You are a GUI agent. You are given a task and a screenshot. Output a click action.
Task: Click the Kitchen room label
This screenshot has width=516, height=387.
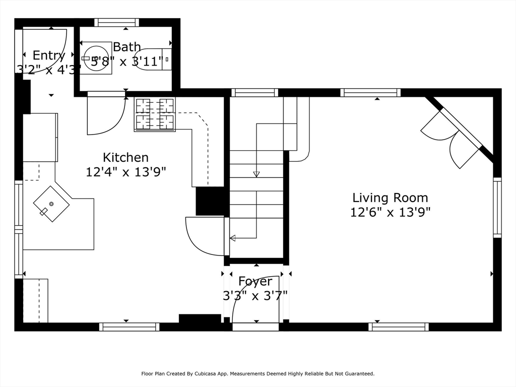[x=125, y=157]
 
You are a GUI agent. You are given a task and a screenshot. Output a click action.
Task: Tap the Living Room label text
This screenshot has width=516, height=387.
[x=390, y=198]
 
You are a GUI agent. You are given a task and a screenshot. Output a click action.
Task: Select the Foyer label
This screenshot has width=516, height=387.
[x=255, y=281]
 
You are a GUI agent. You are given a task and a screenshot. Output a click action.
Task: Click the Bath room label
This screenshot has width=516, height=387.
[x=126, y=47]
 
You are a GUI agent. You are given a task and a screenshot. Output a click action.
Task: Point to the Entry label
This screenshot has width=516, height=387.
[x=49, y=55]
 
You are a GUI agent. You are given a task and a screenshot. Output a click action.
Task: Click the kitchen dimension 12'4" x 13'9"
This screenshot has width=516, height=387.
[x=125, y=172]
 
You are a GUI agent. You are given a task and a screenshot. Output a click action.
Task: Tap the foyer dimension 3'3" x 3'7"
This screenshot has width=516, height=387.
[x=255, y=295]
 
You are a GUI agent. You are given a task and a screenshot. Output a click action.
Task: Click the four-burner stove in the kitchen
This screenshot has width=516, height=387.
[x=155, y=114]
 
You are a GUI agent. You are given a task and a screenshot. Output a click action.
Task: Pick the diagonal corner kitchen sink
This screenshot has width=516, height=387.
[x=51, y=204]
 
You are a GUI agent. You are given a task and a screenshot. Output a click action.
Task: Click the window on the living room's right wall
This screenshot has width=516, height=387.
[x=497, y=207]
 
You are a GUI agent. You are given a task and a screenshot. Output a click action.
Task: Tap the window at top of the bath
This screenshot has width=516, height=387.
[x=116, y=22]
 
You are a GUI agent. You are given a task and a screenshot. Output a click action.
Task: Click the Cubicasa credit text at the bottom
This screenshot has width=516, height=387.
[x=257, y=374]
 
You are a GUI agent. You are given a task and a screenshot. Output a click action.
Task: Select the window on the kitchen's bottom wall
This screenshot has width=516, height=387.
[x=130, y=327]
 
